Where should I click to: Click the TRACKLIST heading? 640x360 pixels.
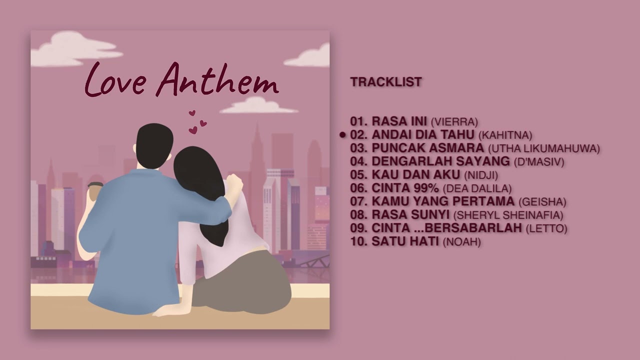(x=385, y=82)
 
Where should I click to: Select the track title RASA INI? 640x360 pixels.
(x=399, y=121)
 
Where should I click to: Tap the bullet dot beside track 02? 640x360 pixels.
(x=342, y=135)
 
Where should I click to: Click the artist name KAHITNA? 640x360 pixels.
(x=505, y=135)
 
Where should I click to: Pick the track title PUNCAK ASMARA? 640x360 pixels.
(x=427, y=148)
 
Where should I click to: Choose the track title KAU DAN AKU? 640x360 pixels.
(x=415, y=175)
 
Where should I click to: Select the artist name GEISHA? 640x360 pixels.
(x=542, y=202)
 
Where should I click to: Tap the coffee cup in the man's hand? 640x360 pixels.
(x=95, y=190)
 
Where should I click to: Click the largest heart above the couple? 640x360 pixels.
(x=192, y=130)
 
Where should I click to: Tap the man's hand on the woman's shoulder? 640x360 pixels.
(x=233, y=183)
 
